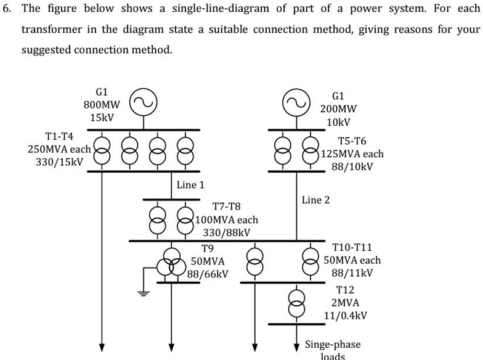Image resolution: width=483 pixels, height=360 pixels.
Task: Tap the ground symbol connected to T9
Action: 144,293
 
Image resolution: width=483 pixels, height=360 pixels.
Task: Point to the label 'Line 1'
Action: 190,184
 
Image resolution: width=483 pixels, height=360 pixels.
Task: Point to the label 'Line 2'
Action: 315,200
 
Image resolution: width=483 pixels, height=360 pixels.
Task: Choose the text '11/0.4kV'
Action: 346,316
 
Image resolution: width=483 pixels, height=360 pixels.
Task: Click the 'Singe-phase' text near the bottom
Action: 333,344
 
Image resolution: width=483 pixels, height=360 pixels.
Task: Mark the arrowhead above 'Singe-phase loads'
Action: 296,344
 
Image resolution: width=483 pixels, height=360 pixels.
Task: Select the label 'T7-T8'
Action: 227,207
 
